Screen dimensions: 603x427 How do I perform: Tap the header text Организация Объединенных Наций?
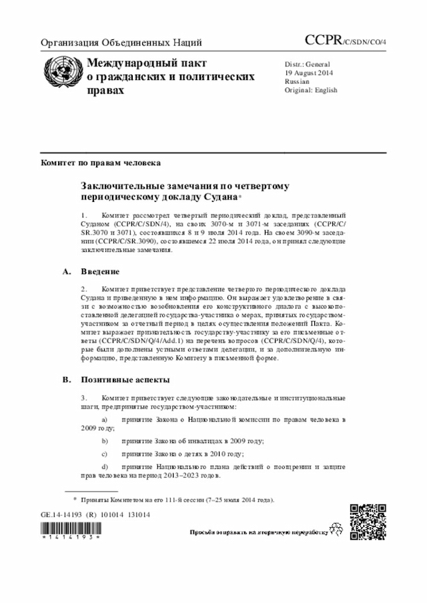coord(121,43)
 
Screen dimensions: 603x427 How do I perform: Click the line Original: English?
coord(311,90)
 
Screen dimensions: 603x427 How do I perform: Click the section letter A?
coord(66,272)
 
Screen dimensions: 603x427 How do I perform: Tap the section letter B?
coord(66,379)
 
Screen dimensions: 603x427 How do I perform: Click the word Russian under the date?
coord(296,81)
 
